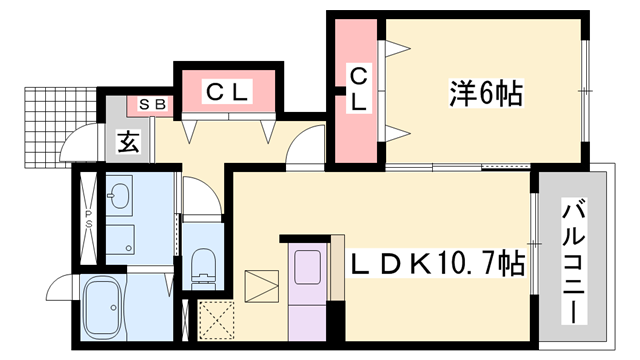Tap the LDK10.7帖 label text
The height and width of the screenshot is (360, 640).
(x=436, y=264)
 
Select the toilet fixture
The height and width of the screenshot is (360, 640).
(x=203, y=263)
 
